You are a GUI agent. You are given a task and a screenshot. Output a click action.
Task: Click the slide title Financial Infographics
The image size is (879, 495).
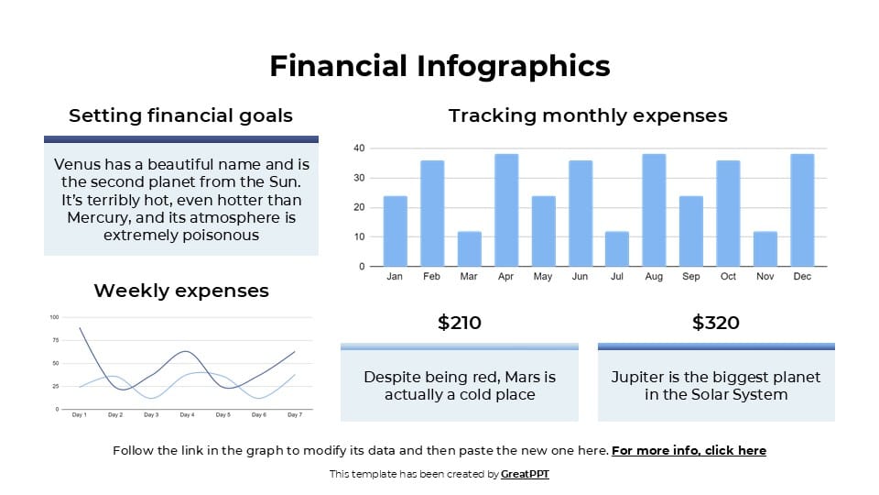[x=439, y=66]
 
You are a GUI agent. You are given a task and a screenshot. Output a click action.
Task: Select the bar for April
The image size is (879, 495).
[x=506, y=210]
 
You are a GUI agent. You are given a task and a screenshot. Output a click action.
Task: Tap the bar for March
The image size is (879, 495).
[x=469, y=248]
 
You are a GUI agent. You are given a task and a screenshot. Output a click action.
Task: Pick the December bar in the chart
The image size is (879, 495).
[x=801, y=210]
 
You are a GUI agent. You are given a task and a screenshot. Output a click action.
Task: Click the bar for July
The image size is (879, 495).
[x=617, y=248]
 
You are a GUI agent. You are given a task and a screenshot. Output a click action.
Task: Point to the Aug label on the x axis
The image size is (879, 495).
[x=654, y=277]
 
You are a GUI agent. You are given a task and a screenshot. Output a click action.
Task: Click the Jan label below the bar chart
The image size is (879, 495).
[x=395, y=277]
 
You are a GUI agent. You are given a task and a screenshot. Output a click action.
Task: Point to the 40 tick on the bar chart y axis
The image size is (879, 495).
[x=359, y=148]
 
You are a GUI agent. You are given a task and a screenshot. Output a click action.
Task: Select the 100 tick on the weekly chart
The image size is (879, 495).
[x=53, y=317]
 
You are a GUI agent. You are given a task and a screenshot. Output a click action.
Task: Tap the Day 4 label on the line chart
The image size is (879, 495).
[x=187, y=415]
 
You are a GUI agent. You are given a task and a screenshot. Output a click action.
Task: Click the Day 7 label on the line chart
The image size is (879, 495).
[x=294, y=415]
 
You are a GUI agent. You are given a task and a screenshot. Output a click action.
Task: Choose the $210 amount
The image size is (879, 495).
[x=459, y=323]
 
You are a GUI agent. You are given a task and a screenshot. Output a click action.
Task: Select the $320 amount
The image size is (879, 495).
[x=716, y=323]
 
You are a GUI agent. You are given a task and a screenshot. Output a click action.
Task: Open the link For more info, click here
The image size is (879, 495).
[x=689, y=451]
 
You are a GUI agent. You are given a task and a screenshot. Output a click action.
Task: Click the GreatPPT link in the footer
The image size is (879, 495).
[x=525, y=475]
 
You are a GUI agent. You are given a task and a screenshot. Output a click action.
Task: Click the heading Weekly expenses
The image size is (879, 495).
[x=181, y=291]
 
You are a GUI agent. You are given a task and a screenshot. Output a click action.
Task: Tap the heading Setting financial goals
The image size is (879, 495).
[x=181, y=115]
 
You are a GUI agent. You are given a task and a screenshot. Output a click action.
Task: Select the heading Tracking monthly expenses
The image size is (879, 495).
[x=588, y=115]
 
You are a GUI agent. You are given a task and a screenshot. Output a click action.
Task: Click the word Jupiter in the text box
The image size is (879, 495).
[x=638, y=378]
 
